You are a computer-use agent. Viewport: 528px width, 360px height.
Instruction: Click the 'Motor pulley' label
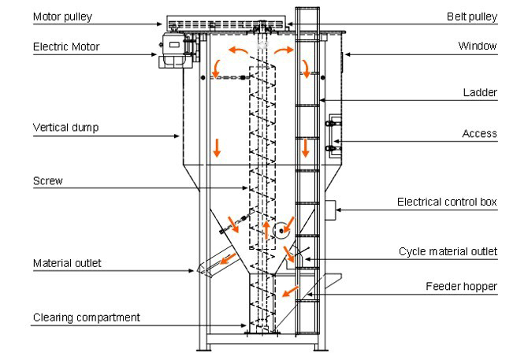click(62, 17)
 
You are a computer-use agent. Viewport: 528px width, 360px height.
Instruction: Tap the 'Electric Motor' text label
click(66, 46)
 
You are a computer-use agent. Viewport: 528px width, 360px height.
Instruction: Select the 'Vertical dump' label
click(65, 128)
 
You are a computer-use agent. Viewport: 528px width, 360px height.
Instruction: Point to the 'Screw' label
click(48, 181)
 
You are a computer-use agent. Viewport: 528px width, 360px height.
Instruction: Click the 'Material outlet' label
click(67, 263)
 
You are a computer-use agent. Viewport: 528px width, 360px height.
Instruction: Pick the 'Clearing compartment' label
click(87, 317)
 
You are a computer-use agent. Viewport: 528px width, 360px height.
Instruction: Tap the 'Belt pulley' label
click(472, 17)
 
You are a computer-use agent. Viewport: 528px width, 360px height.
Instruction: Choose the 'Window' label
click(478, 46)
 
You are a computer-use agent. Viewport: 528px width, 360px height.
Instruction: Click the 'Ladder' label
click(480, 92)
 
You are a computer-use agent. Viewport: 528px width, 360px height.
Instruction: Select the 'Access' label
click(479, 134)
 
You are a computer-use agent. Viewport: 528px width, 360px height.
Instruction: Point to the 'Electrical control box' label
click(447, 202)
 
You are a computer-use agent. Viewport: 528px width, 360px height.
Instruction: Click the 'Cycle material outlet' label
click(448, 251)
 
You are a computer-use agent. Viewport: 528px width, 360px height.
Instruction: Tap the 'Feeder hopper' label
click(461, 286)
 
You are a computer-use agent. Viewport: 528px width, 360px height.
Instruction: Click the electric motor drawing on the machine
click(176, 50)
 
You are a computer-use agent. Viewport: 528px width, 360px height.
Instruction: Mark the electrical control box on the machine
click(330, 210)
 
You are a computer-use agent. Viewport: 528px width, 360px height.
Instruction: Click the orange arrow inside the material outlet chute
click(228, 258)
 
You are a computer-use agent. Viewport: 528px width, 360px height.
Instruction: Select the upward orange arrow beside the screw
click(266, 230)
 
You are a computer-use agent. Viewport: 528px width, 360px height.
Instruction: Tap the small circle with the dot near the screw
click(281, 231)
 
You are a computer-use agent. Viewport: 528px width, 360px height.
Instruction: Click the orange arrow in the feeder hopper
click(289, 291)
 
